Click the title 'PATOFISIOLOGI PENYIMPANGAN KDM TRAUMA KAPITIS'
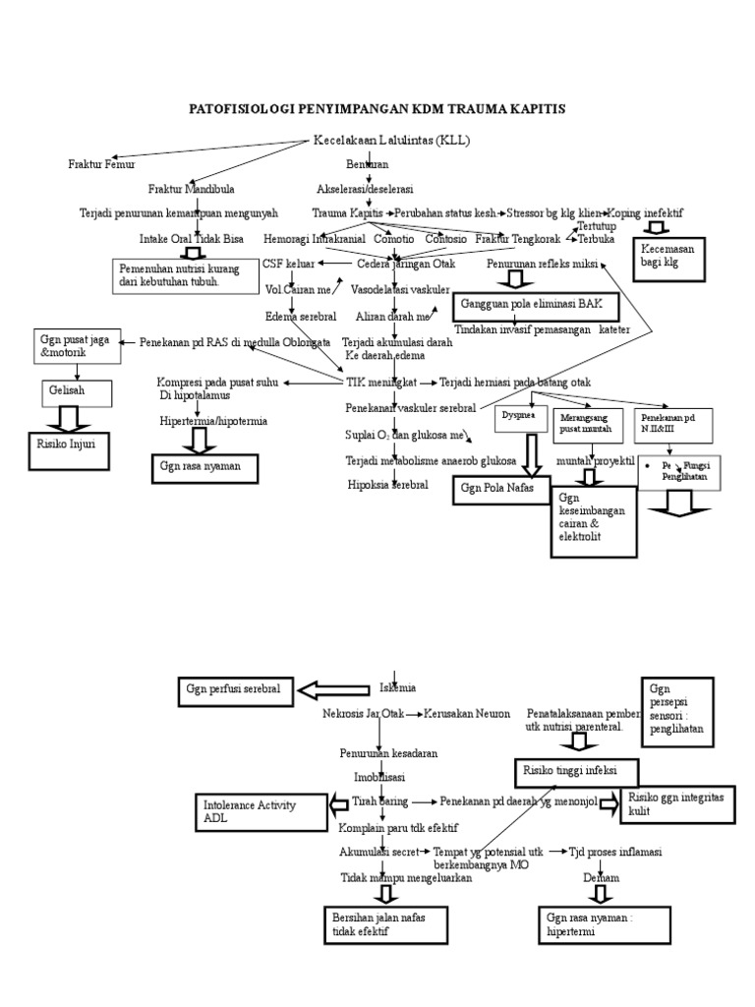tap(377, 108)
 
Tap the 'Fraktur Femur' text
tap(100, 163)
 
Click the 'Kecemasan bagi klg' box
tap(665, 257)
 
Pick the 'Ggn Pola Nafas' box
tap(499, 489)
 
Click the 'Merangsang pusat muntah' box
tap(587, 424)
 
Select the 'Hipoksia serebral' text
tap(387, 485)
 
